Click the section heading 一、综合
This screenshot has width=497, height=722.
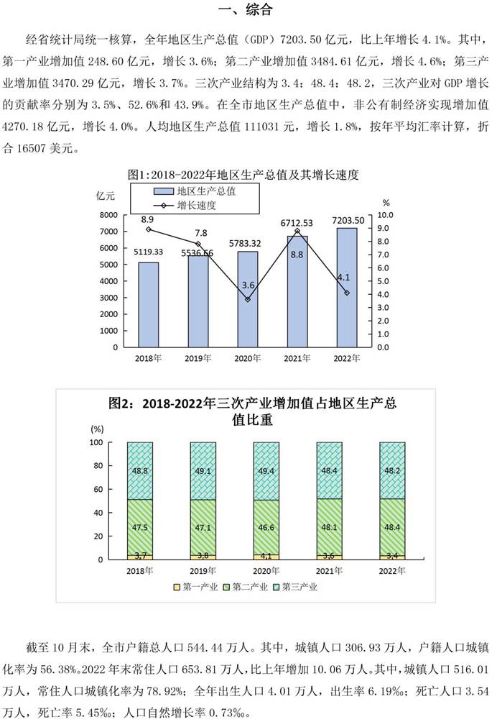click(x=249, y=11)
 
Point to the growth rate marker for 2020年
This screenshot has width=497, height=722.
click(x=248, y=299)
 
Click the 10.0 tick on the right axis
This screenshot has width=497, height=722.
click(x=385, y=215)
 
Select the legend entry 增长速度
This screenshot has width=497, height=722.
click(x=197, y=206)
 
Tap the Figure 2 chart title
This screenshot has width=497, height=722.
click(x=249, y=412)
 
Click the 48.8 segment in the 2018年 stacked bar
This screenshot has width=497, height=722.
click(x=139, y=470)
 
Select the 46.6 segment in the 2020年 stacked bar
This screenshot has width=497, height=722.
click(x=266, y=527)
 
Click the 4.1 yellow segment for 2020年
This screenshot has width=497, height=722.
click(x=266, y=556)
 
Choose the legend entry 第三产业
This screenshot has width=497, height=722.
click(x=295, y=587)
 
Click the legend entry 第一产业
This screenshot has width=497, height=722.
click(x=193, y=587)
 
